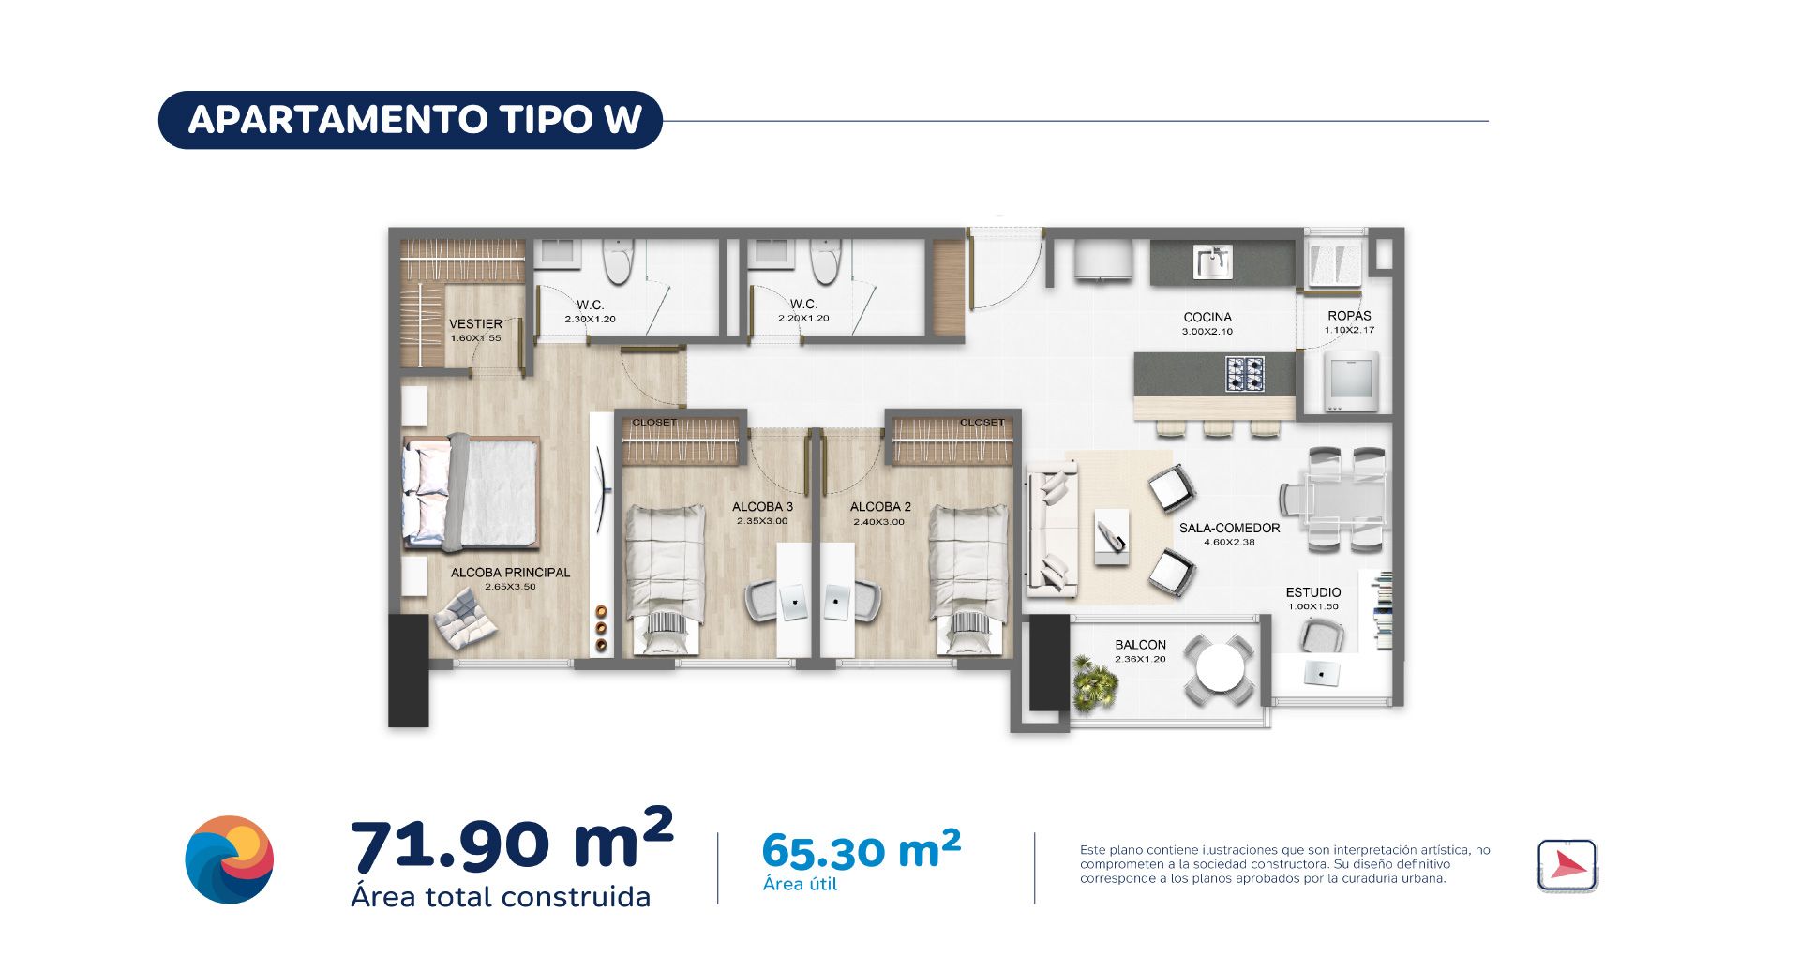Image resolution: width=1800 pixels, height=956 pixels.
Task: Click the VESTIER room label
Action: [475, 324]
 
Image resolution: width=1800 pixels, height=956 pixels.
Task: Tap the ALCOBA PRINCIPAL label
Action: [510, 573]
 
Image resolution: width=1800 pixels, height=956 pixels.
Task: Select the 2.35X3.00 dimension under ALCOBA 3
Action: [761, 521]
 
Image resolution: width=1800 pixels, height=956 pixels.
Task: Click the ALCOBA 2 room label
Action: [880, 507]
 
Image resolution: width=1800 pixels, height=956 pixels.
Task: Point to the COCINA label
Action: [1207, 318]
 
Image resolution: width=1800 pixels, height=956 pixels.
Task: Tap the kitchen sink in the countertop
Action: [1212, 262]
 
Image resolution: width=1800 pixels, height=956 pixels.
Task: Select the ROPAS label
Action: [1349, 317]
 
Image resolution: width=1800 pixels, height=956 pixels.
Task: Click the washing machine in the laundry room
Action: [1351, 380]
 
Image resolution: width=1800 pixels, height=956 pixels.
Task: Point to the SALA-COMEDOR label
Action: [1229, 529]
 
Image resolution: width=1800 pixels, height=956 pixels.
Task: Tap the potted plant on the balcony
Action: [1094, 682]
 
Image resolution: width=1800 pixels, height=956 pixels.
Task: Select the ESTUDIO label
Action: [1312, 592]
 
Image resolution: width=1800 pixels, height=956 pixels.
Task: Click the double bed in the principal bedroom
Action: [472, 492]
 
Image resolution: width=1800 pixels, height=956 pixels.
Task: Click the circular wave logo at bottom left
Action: [230, 859]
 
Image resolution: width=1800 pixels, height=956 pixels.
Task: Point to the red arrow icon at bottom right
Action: [1567, 864]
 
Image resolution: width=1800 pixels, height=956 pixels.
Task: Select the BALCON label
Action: [1140, 645]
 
